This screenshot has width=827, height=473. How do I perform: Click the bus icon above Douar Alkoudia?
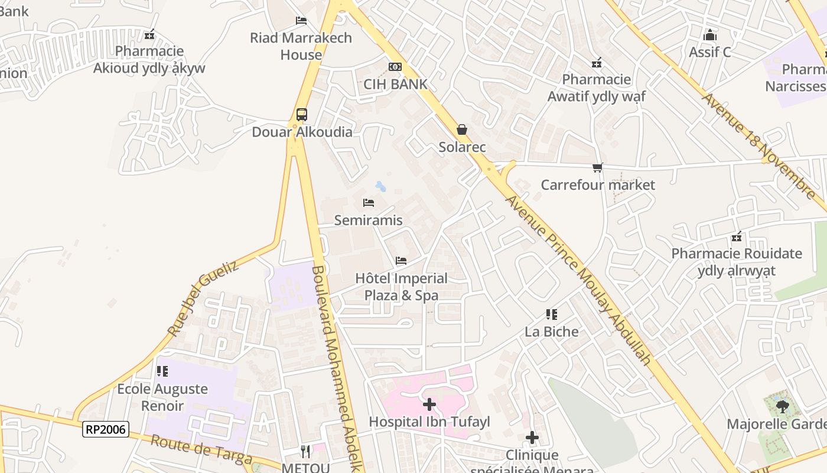click(301, 114)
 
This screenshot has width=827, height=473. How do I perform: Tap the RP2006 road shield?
click(106, 429)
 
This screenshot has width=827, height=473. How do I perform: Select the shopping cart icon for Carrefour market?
click(598, 168)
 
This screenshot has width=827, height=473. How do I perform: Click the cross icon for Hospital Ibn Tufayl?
click(429, 405)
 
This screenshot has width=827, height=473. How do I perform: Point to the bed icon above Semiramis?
click(369, 203)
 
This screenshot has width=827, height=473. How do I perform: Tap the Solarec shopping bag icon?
click(462, 129)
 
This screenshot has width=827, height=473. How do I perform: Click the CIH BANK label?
click(395, 84)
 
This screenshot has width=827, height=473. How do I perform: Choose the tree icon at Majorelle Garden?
click(783, 407)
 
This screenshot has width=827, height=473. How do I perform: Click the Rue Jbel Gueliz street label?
click(203, 299)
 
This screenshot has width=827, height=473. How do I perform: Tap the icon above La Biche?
click(552, 315)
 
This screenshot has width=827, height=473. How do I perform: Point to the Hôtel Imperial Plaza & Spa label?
click(401, 287)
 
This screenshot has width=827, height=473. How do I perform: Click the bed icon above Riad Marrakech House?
click(301, 21)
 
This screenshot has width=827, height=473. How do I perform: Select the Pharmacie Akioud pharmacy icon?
click(149, 34)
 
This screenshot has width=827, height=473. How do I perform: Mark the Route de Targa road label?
click(201, 450)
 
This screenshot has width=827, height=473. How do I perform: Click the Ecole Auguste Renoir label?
click(162, 397)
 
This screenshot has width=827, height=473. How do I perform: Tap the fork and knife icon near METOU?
click(305, 452)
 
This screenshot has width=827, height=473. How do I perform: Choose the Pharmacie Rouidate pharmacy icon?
click(737, 237)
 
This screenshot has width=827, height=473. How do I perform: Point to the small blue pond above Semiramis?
click(380, 187)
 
